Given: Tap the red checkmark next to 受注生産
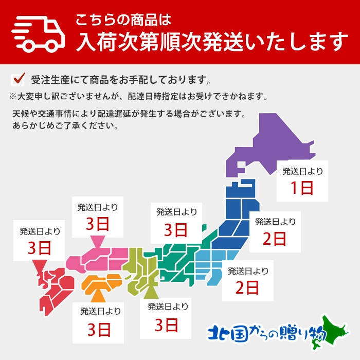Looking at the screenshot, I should pos(19,79).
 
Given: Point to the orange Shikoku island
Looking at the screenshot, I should pos(103,283).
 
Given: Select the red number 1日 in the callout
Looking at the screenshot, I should pos(302,188).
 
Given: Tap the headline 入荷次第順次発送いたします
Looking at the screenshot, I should pos(210,42).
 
